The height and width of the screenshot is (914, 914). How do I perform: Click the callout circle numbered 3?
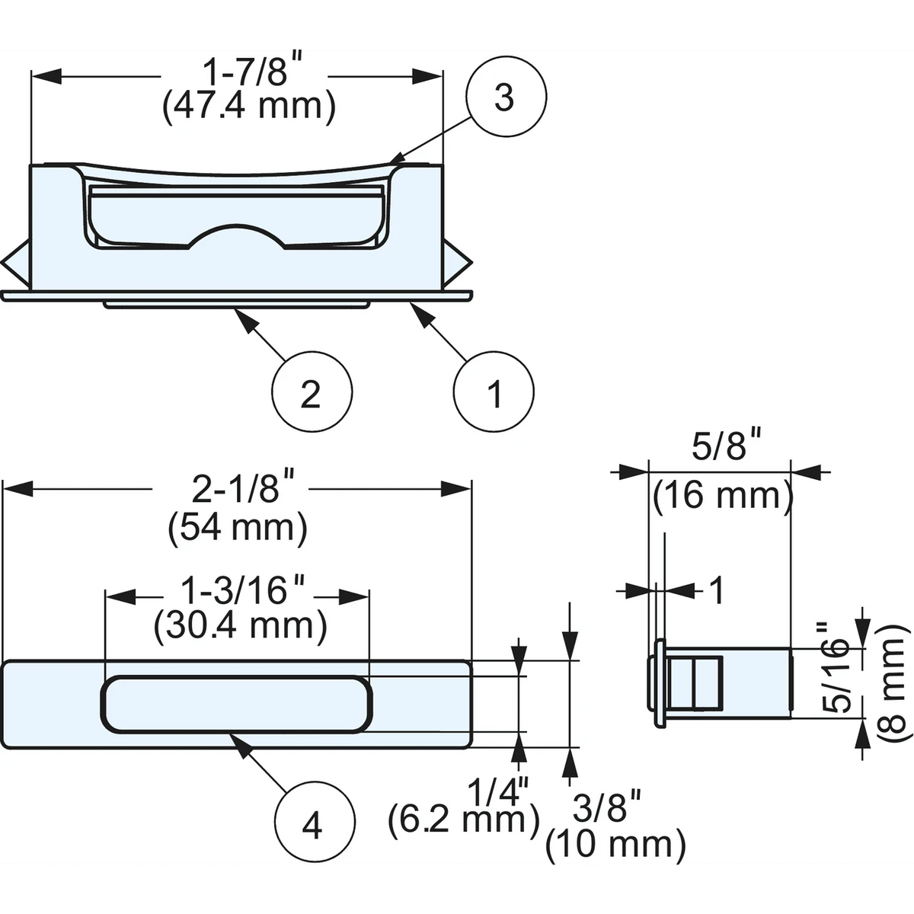pos(506,97)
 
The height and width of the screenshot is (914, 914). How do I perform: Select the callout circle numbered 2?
pos(312,391)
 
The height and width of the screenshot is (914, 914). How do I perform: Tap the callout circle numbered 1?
pos(494,391)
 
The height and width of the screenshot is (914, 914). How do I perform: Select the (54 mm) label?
pos(238,528)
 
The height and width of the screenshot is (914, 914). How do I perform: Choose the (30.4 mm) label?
pos(241,627)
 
